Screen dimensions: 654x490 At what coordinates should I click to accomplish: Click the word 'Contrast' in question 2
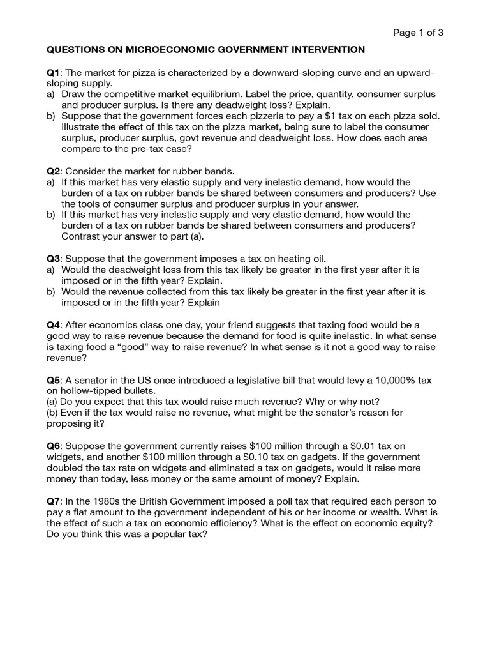[81, 236]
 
